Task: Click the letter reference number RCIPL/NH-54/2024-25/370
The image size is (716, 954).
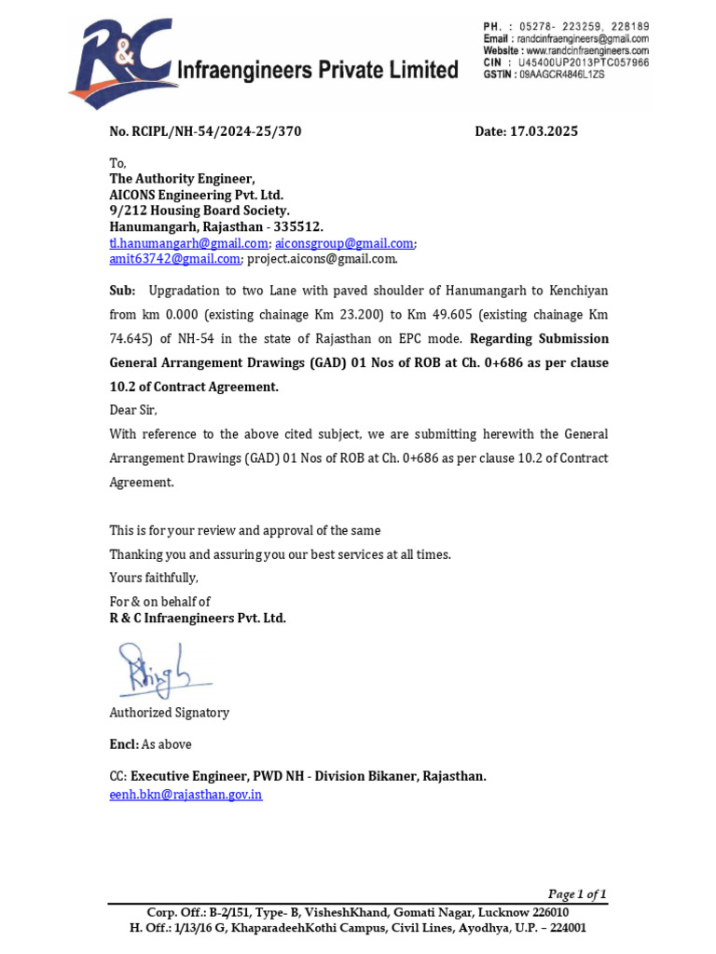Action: (x=205, y=131)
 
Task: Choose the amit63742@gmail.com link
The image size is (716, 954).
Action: (x=174, y=258)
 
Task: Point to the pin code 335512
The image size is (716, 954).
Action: (x=296, y=226)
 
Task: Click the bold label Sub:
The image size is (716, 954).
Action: (x=122, y=291)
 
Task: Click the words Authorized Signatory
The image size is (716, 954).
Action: (x=169, y=713)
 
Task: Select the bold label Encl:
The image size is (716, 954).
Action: (x=124, y=744)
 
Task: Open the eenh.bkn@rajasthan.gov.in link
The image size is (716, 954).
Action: (x=186, y=795)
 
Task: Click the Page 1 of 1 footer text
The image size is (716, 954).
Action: (x=577, y=893)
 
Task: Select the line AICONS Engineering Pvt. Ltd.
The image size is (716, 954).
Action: (x=196, y=195)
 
